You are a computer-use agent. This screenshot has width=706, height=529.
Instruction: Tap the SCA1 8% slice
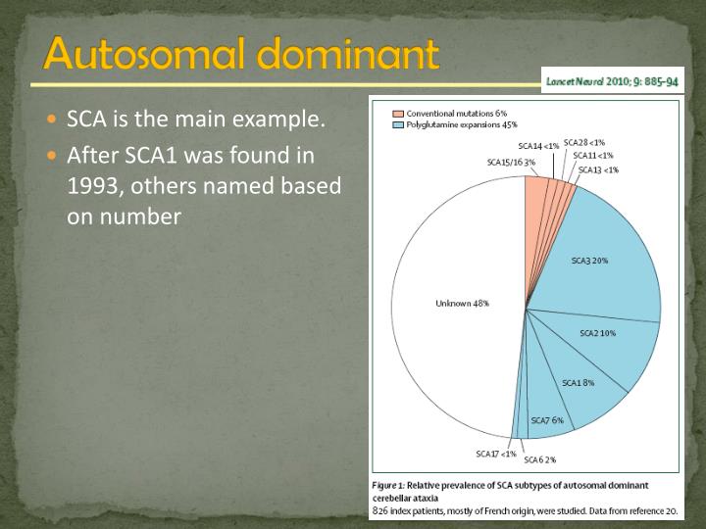(580, 382)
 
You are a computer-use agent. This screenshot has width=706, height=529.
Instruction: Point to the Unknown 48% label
(462, 304)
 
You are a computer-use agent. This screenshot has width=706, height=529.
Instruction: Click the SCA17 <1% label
(496, 454)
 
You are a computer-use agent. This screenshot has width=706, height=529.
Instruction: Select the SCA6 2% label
(540, 459)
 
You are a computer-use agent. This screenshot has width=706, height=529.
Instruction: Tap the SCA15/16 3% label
(512, 163)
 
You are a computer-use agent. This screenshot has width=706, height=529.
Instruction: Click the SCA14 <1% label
(538, 146)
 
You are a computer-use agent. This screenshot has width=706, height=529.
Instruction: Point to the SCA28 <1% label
(584, 143)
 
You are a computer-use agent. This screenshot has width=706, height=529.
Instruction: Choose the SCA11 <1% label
(593, 156)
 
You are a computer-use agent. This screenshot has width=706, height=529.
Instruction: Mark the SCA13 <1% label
(598, 169)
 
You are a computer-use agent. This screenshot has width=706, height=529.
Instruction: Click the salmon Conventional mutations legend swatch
(398, 114)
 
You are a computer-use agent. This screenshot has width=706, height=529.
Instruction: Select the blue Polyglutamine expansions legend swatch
(398, 125)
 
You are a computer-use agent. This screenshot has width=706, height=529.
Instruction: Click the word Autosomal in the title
(146, 54)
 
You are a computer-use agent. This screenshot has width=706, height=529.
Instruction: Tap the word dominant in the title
(348, 54)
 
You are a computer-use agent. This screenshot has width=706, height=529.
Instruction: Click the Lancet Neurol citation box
(612, 81)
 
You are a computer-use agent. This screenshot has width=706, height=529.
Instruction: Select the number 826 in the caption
(380, 511)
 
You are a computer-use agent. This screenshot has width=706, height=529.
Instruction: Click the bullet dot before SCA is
(52, 120)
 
